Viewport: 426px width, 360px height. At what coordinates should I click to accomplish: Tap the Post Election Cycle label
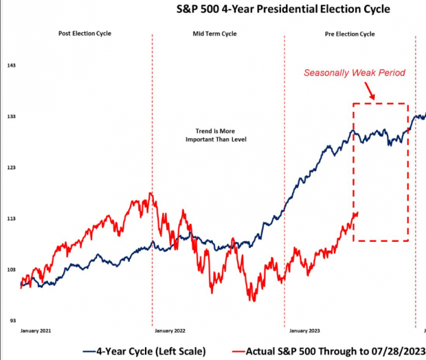(x=85, y=33)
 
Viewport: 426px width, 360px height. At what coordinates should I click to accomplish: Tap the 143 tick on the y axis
(x=11, y=66)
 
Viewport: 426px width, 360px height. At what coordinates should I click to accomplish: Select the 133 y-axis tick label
(x=11, y=117)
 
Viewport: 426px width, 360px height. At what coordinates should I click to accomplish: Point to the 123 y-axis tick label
(x=11, y=168)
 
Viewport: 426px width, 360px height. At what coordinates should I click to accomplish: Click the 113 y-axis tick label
(x=11, y=218)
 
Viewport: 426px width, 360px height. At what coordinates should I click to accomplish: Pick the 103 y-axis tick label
(x=11, y=269)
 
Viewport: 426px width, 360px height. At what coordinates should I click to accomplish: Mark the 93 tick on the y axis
(x=11, y=320)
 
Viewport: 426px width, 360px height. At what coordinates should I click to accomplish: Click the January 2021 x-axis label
(x=36, y=331)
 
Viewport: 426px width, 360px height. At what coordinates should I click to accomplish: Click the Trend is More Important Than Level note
(x=216, y=135)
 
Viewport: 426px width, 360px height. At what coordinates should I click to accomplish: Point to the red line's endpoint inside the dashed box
(x=357, y=213)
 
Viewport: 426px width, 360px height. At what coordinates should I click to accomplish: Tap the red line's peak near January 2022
(x=150, y=194)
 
